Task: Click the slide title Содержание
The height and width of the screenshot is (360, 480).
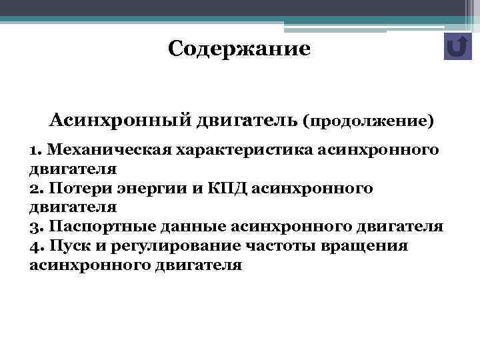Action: (239, 49)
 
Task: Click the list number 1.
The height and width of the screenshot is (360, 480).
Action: (35, 149)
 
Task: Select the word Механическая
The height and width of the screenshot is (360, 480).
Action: (109, 149)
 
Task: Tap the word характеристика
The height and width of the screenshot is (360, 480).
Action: (243, 149)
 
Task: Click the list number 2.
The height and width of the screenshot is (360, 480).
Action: (35, 189)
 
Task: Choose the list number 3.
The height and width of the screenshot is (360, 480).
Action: (35, 227)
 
